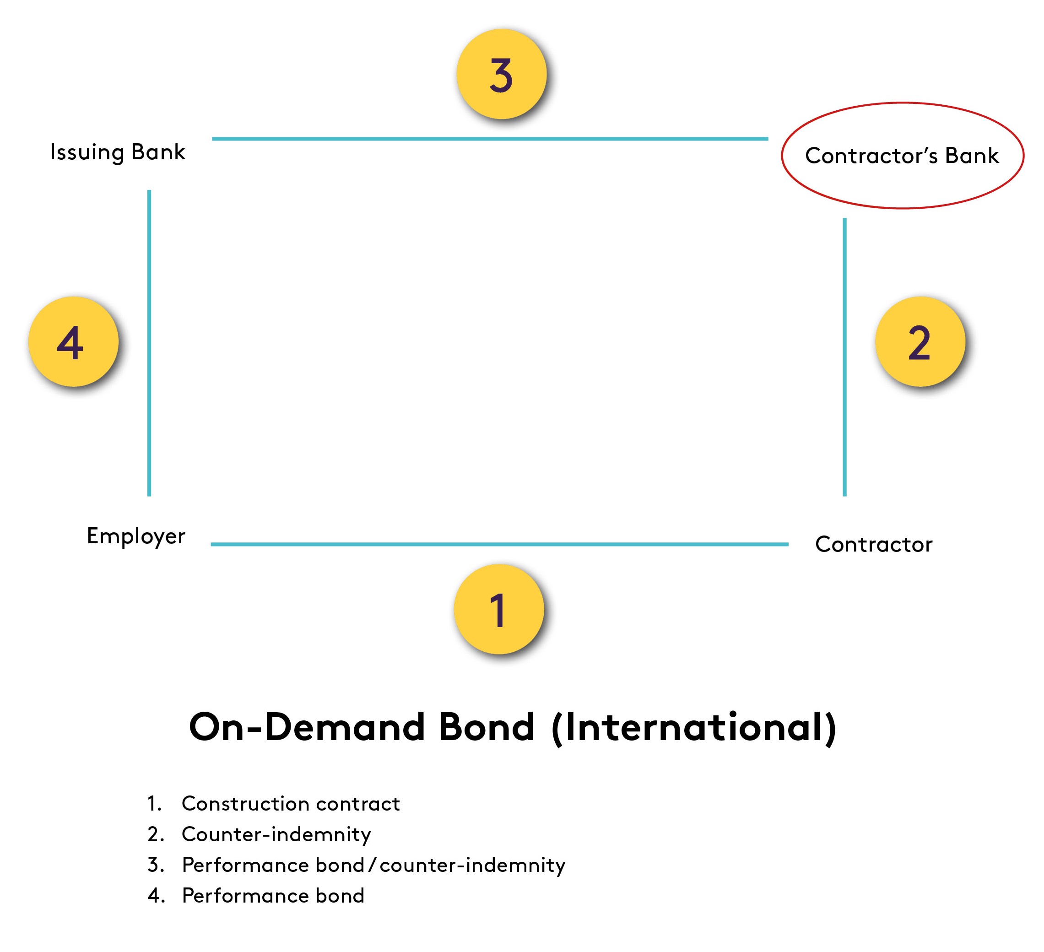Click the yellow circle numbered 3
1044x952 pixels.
[501, 74]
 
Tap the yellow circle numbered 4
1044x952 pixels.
[73, 341]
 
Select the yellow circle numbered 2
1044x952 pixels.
[920, 341]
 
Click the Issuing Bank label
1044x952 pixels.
[118, 152]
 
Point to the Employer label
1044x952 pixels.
[135, 536]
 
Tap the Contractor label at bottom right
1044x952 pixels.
[874, 544]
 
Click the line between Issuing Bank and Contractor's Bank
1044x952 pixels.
[489, 139]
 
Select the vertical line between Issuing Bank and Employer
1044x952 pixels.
[149, 343]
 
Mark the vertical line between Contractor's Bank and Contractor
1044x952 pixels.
[844, 357]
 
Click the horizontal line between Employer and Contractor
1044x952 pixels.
[499, 544]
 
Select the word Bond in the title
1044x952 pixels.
[486, 727]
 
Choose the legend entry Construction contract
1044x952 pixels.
[291, 804]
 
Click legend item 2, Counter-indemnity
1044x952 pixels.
[276, 834]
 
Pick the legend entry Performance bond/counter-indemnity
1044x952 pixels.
[373, 865]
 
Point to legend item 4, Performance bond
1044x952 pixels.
[273, 896]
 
